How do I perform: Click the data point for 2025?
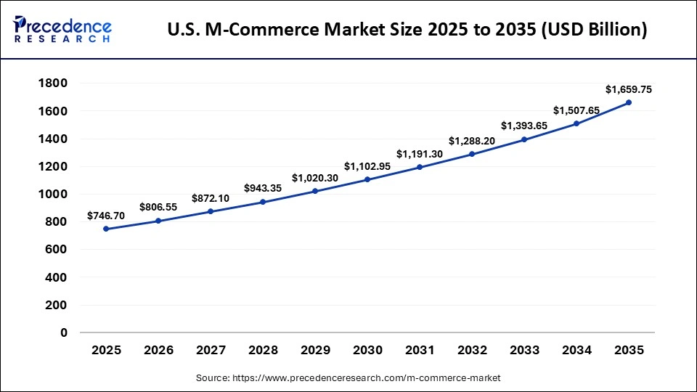click(106, 229)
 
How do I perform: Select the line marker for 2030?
click(367, 179)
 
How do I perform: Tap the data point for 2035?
click(629, 102)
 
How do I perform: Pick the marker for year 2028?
click(263, 202)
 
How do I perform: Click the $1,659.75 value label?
click(629, 89)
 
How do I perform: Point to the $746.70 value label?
click(106, 216)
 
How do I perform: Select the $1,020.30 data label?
click(315, 178)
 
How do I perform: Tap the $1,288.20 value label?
click(472, 141)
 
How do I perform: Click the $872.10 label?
click(211, 198)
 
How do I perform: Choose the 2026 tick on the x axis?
click(158, 350)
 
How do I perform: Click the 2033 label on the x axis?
click(524, 350)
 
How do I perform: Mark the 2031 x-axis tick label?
click(420, 350)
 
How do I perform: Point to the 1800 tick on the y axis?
click(52, 83)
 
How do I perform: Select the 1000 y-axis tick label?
click(52, 195)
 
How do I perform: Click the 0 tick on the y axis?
click(63, 333)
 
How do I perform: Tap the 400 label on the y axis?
click(56, 278)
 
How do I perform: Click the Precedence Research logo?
click(62, 30)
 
